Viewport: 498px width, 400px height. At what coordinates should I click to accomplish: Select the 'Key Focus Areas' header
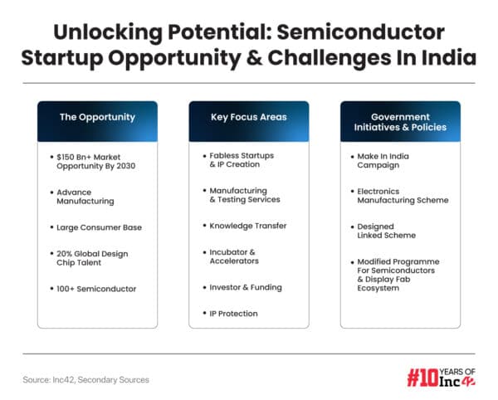(x=249, y=117)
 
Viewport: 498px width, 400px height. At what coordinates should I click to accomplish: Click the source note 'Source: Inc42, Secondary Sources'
(x=86, y=379)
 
